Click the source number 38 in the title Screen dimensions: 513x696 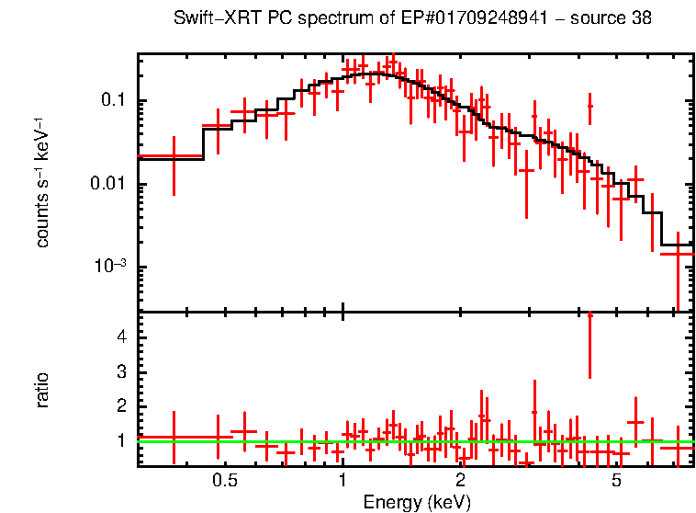click(642, 19)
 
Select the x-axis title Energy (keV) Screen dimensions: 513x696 click(417, 502)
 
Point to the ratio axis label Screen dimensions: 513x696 click(42, 390)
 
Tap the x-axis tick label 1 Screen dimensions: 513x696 click(342, 481)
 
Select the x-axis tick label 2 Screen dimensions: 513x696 click(460, 481)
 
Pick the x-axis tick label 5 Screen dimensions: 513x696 click(617, 481)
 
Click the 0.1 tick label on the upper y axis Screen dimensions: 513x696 click(114, 100)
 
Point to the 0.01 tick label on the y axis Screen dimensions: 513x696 click(109, 184)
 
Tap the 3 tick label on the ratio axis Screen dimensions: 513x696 click(121, 371)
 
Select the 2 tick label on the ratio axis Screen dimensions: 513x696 click(121, 405)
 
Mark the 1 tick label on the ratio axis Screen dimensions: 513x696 click(121, 440)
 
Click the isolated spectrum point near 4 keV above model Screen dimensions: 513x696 click(589, 107)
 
